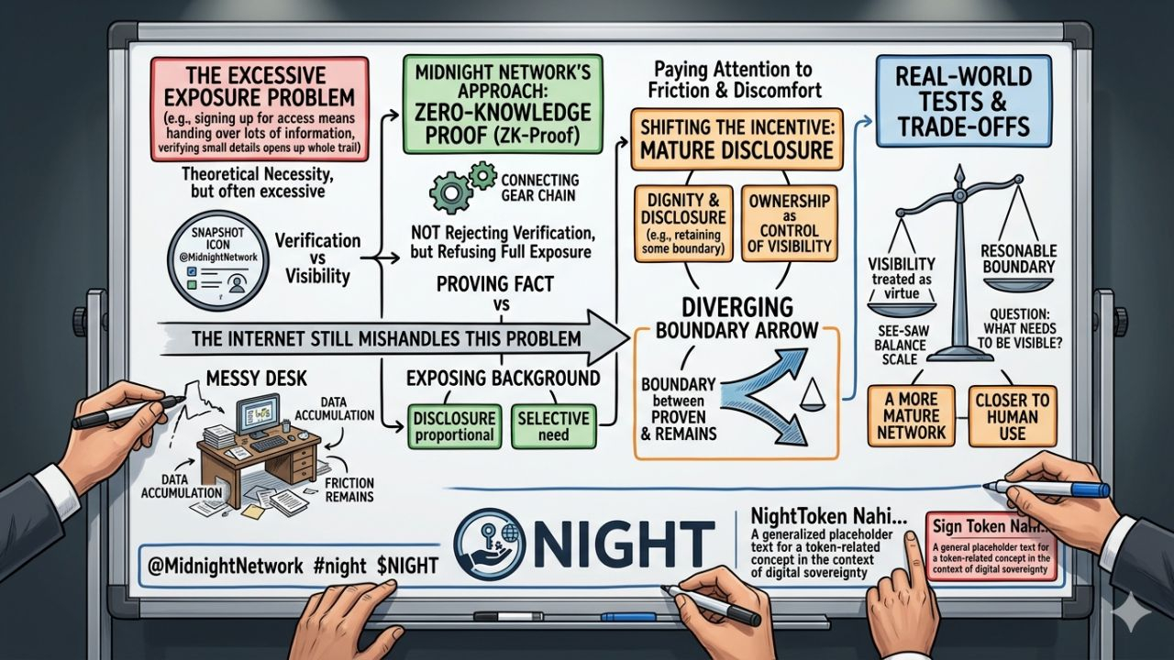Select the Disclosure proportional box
(453, 424)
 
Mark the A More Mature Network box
(912, 416)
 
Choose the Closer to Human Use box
(1012, 416)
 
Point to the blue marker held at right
(1045, 489)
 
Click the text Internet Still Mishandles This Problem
(385, 337)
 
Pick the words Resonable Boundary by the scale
(1018, 259)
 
